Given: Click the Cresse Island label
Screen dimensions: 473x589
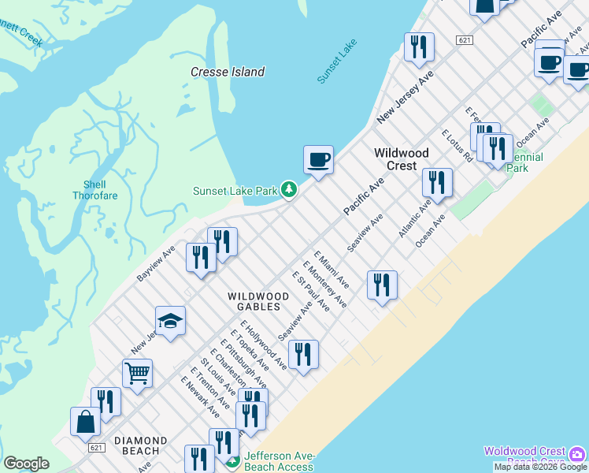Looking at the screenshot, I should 228,72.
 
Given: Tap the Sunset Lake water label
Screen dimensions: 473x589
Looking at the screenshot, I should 337,61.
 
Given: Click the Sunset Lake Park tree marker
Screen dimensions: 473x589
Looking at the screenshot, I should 290,189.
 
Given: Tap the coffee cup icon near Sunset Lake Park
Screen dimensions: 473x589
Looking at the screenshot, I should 318,160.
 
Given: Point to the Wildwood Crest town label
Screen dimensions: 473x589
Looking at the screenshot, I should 402,159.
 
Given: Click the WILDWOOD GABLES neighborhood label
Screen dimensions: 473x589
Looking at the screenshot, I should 258,301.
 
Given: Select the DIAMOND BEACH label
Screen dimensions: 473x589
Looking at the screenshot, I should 141,445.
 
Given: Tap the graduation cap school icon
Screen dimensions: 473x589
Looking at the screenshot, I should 170,321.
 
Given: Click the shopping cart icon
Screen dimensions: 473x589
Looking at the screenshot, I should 137,374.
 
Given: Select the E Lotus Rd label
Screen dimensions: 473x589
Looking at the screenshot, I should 457,146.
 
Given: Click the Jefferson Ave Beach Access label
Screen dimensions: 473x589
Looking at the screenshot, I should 279,462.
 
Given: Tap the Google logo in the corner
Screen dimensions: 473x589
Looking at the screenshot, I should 26,464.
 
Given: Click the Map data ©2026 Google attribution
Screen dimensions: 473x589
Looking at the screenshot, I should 541,467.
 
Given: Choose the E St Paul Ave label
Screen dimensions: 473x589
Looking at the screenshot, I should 311,291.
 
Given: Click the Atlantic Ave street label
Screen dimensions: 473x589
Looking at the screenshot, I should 414,219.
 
